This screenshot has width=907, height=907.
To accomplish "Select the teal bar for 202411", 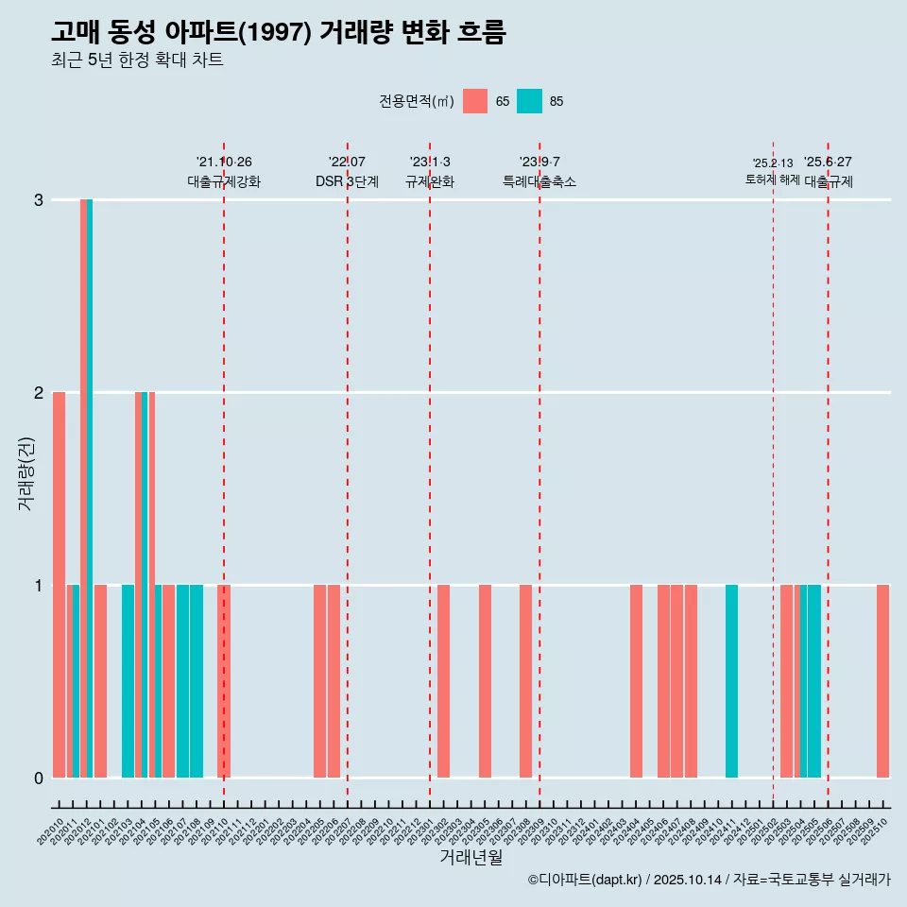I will [x=731, y=680].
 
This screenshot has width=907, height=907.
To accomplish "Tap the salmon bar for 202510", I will [x=882, y=680].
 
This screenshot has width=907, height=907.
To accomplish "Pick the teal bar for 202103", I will [x=128, y=680].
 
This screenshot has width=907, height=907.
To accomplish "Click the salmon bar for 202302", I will [x=443, y=680].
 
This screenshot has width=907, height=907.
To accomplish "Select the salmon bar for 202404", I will [x=636, y=680].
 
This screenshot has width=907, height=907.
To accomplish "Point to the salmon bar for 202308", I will [x=525, y=680].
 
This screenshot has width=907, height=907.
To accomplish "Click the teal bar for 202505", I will [x=814, y=680].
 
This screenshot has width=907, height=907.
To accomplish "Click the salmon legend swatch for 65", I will [x=475, y=101].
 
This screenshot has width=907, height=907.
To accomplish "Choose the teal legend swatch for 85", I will [x=529, y=101].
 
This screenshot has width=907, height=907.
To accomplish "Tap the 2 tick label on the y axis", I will [x=39, y=392].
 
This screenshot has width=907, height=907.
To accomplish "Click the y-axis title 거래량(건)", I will [x=26, y=473].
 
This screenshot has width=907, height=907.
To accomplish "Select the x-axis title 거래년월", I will [x=471, y=857].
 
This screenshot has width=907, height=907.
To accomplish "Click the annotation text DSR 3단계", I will [x=347, y=181].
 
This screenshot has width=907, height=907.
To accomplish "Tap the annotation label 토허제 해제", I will [x=772, y=180].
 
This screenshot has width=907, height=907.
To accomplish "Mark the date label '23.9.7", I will [x=539, y=162].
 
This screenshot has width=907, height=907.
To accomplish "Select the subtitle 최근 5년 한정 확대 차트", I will [x=137, y=60].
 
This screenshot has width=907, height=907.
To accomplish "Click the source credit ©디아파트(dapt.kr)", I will [x=585, y=880].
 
